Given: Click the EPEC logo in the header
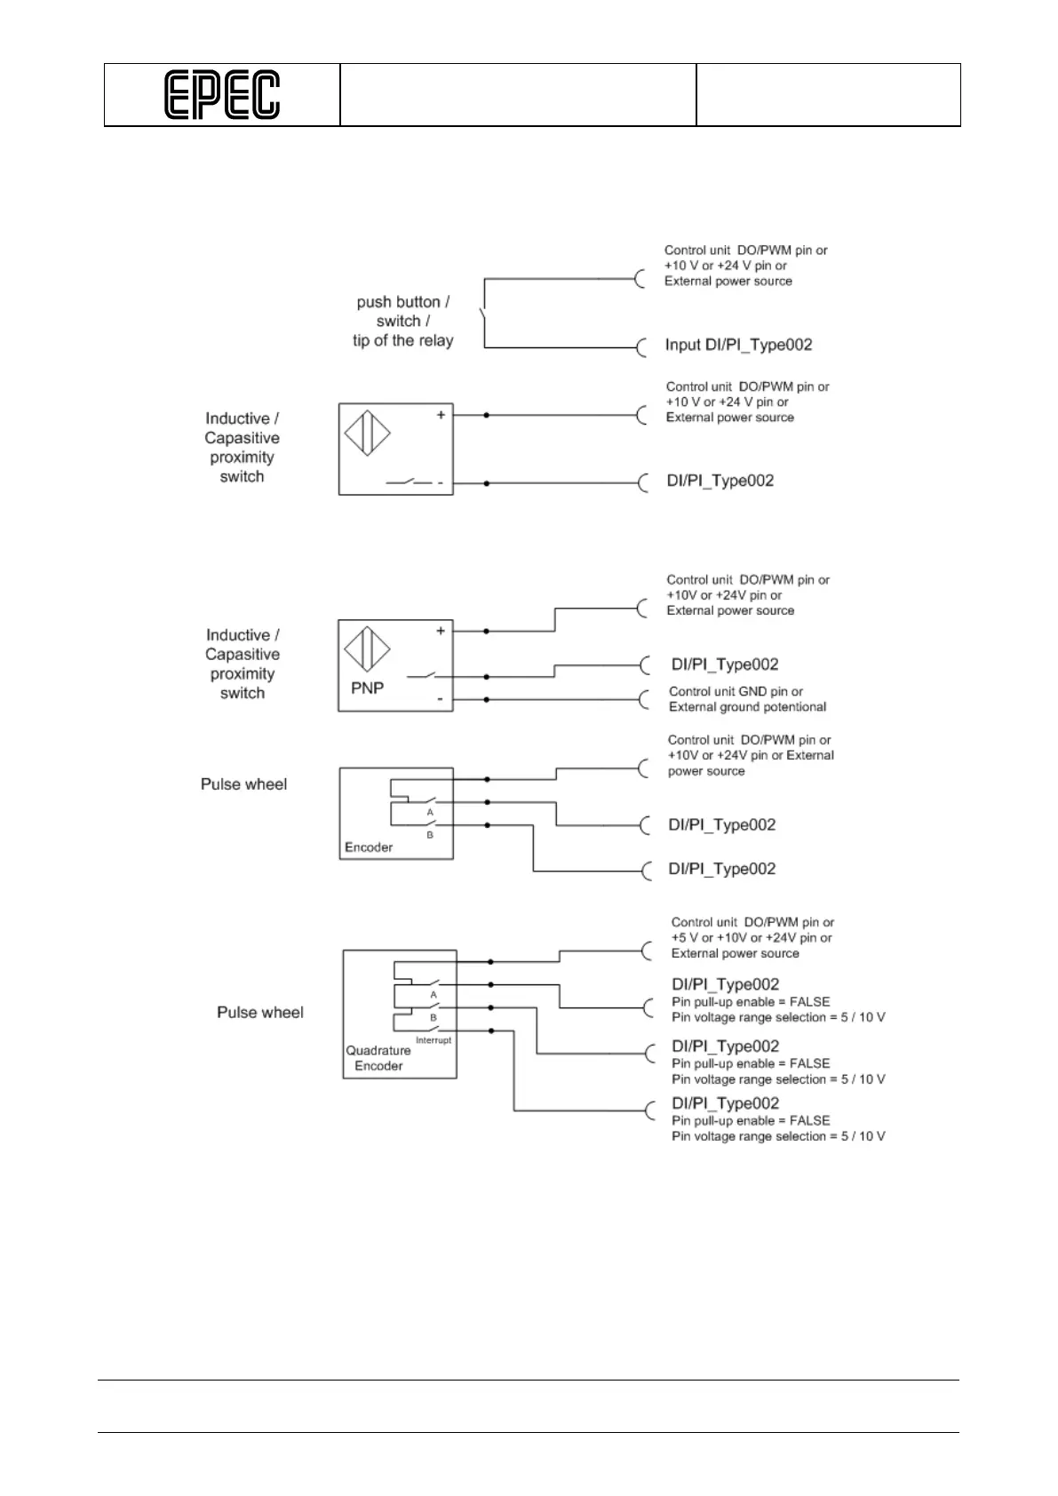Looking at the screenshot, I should [x=222, y=95].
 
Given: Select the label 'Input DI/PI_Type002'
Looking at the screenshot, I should [x=738, y=345].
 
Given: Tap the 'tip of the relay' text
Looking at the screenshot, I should [x=402, y=340].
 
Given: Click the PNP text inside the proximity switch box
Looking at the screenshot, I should [x=367, y=688].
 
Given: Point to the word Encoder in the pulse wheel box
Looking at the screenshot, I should [x=369, y=847].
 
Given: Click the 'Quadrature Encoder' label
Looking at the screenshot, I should [x=378, y=1058].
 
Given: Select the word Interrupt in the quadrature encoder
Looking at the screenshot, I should [x=434, y=1040].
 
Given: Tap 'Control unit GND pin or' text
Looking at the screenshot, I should [x=736, y=691].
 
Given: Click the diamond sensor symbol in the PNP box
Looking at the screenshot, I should [x=368, y=649].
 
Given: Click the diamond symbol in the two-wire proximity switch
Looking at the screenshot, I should [x=367, y=434].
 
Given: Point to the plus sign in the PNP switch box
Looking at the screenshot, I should [x=441, y=631].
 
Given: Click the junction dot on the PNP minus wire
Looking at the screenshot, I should [x=487, y=699].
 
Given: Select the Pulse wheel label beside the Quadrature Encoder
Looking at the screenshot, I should [x=260, y=1012].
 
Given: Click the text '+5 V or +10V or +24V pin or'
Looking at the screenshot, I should [x=752, y=938].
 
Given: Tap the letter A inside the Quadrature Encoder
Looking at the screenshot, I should [x=434, y=995].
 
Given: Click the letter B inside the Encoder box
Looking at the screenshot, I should [x=430, y=835].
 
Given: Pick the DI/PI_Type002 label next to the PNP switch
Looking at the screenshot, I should [x=725, y=664].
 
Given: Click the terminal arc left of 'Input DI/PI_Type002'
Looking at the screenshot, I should [x=641, y=347].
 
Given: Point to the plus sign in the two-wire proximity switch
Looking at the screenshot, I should [x=441, y=415].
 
